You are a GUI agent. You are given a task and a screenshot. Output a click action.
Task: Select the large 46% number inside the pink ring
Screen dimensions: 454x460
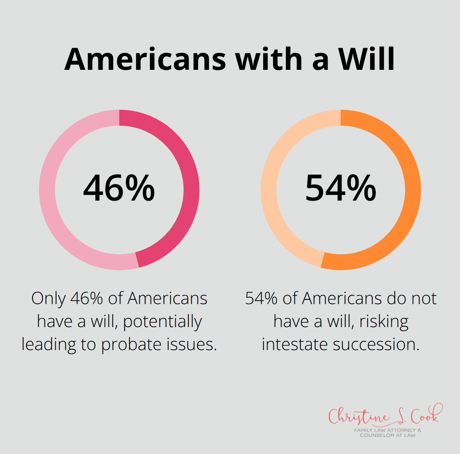click(x=119, y=188)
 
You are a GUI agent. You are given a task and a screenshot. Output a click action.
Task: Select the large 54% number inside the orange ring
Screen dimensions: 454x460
click(x=341, y=188)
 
